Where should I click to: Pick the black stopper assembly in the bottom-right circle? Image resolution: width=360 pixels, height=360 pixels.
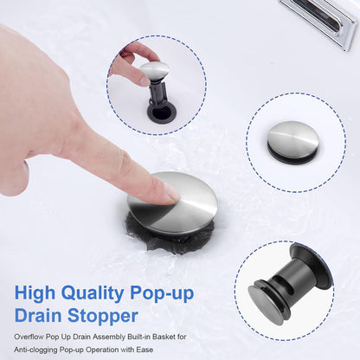point(286,286)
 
